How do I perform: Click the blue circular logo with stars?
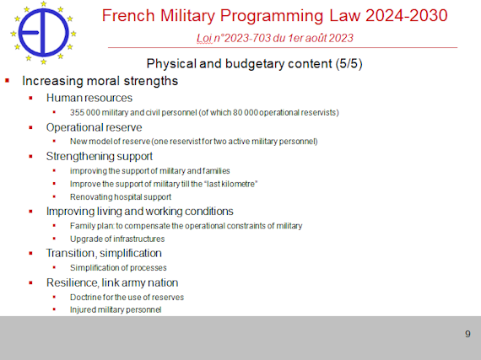[x=43, y=33]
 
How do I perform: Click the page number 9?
[x=467, y=334]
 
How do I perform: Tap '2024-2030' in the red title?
[x=407, y=16]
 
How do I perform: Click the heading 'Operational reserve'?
[x=94, y=127]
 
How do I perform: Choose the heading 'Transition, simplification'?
[x=104, y=253]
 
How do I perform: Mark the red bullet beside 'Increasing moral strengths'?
[x=7, y=81]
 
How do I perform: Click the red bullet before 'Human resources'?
[x=30, y=98]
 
